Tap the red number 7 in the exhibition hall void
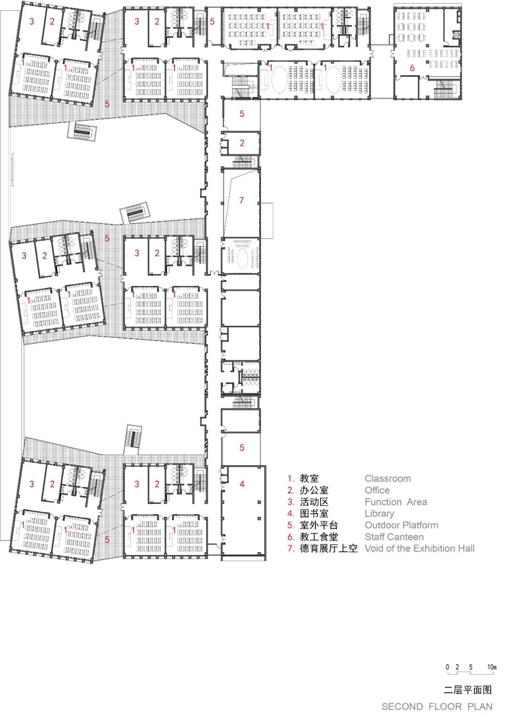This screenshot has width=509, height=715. coord(241,200)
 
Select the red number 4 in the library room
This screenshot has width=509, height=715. coord(242,484)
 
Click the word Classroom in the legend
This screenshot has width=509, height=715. coord(387,479)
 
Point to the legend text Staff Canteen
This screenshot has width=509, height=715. coord(394,537)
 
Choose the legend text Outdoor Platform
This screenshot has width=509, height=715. coord(402,525)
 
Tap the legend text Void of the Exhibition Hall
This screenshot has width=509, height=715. coord(420,549)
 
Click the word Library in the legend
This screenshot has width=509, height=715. coord(379,514)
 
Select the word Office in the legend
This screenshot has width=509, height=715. coord(378,491)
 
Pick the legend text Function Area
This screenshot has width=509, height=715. coord(396,502)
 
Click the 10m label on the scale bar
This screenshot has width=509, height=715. coord(492,667)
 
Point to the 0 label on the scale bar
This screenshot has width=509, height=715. coord(447,667)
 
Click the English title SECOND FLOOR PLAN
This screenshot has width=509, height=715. coord(437,707)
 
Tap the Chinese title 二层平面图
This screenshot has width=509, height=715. coord(468,690)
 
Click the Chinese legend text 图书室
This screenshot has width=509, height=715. coord(314,514)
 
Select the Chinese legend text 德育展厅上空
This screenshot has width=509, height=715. coord(328,549)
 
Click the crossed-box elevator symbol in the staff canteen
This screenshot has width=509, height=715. coord(456,34)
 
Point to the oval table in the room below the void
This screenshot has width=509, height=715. coord(241,256)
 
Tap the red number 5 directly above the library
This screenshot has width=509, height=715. coord(242,448)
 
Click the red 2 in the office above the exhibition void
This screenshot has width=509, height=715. coord(242,143)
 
